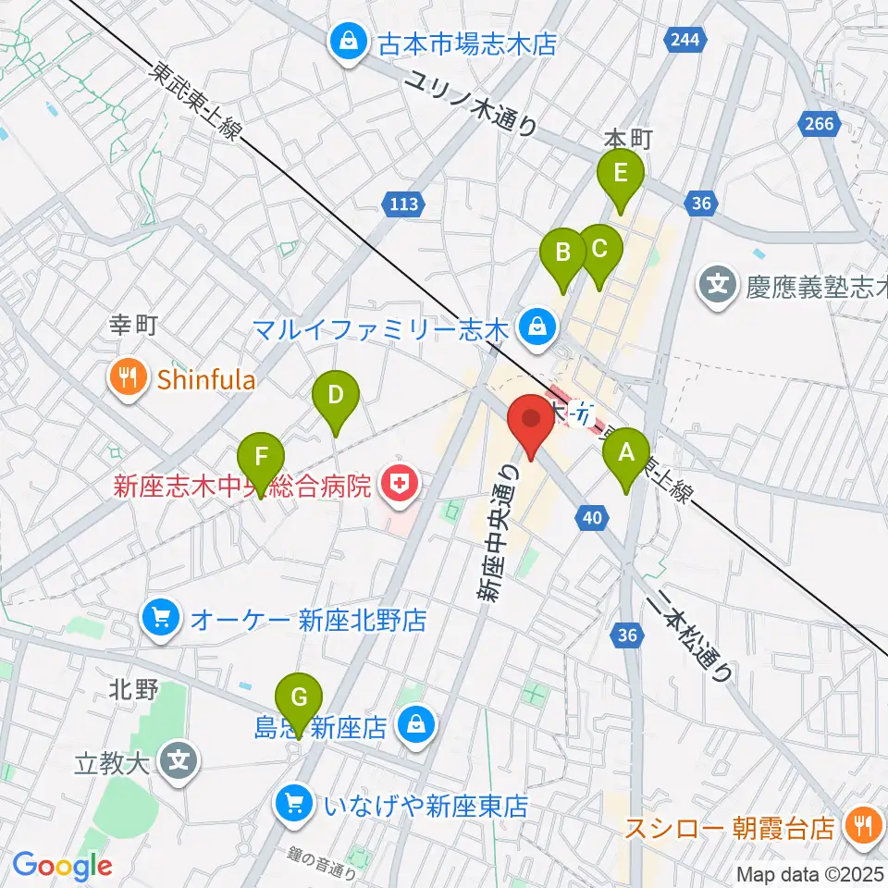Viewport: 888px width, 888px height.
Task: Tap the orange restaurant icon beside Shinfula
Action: (x=123, y=376)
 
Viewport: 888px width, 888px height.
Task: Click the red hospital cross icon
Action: (x=400, y=481)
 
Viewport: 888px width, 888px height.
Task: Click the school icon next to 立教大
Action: (x=179, y=762)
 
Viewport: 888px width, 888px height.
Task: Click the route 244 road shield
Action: (x=684, y=40)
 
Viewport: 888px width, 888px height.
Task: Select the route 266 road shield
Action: (x=820, y=123)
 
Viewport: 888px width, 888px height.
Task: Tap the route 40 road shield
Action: (x=595, y=520)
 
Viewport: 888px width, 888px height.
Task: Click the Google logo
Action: (x=61, y=866)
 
